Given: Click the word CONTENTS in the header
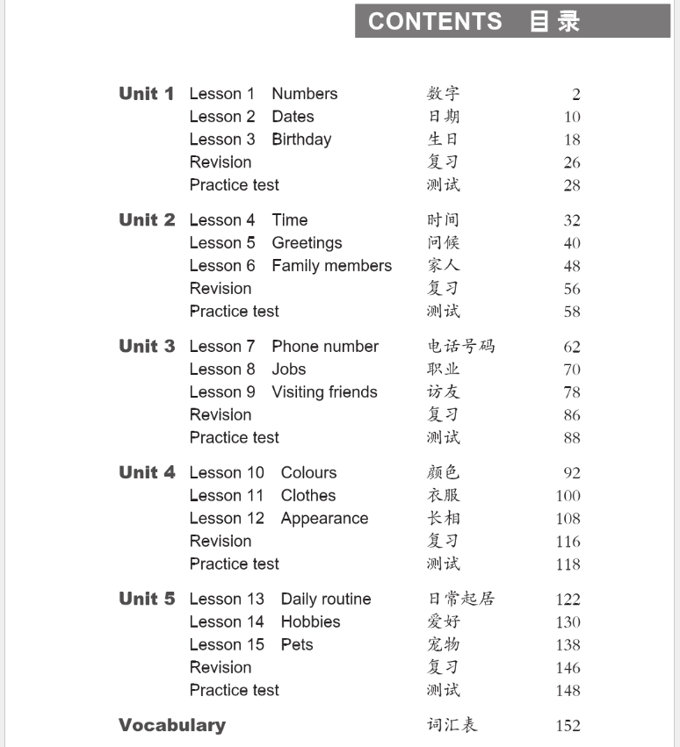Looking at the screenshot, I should pos(435,21).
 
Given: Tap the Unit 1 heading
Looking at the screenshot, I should pos(147,94).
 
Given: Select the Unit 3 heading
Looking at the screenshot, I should pos(147,347).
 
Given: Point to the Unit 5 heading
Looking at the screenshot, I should pos(147,600).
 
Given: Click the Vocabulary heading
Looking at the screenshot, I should pos(172,725).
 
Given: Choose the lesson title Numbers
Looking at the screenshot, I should pos(304,94).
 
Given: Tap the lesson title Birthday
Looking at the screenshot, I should pos(301,140).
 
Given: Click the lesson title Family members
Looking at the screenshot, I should pos(331,266).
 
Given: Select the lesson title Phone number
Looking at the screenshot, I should pos(325,347).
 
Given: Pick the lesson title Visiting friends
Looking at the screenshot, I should pos(324,392).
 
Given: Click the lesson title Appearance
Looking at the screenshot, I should pos(324,519).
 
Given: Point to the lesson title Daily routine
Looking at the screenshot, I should pos(326,600).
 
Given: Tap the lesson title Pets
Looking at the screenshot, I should pos(297,645).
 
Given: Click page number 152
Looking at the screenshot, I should pos(568,726).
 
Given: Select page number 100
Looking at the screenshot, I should pos(568,496).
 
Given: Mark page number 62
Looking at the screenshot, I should pos(572,348).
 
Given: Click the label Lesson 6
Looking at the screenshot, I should pos(222,266).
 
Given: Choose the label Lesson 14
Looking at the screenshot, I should pos(227,622).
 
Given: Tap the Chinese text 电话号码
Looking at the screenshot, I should pos(461,347).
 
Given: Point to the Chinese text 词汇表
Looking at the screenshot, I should pos(452,725).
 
